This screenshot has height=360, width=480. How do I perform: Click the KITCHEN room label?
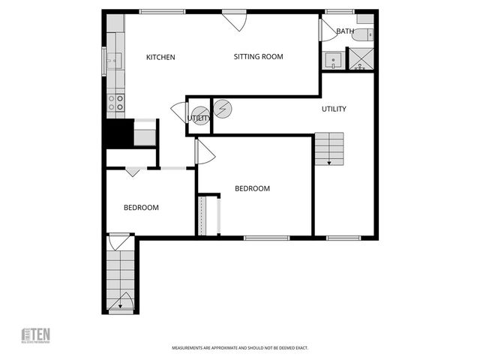tap(160, 57)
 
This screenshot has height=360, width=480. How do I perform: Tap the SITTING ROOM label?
tap(258, 57)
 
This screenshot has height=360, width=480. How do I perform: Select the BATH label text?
tap(345, 31)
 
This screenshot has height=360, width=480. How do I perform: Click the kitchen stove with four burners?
tap(115, 103)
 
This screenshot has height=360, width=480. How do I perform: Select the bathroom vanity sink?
tap(332, 59)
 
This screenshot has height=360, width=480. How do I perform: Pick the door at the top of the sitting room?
tap(235, 20)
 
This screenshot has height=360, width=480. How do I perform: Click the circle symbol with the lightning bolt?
tap(223, 109)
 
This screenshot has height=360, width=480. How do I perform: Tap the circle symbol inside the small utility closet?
tap(199, 117)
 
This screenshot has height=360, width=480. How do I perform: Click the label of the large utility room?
tap(334, 109)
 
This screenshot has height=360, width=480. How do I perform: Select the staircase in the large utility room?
tap(328, 148)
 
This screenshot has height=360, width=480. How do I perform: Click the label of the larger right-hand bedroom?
tap(252, 189)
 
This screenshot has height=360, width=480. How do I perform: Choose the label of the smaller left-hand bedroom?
tap(141, 208)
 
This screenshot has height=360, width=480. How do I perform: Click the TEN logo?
tap(34, 335)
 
